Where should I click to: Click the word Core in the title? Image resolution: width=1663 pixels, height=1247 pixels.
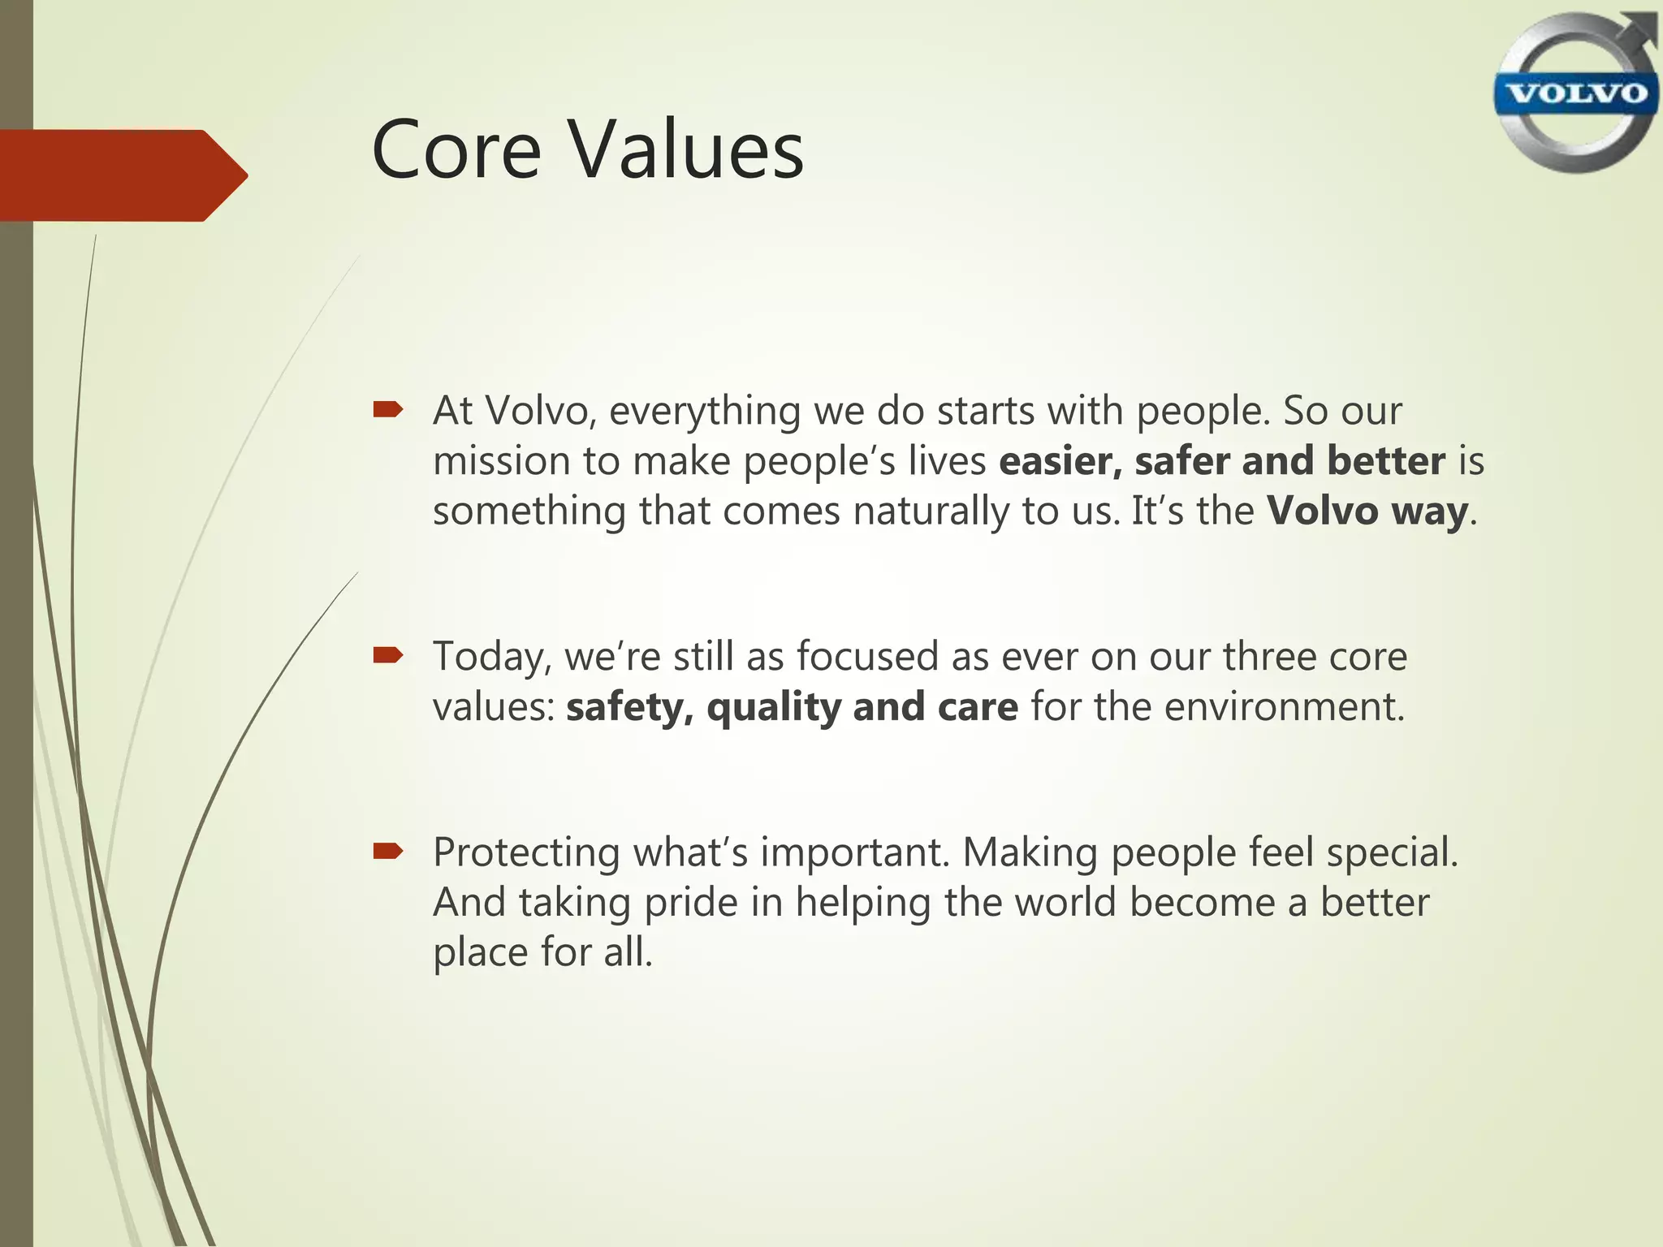[456, 150]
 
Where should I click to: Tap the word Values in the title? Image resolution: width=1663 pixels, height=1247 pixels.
[685, 150]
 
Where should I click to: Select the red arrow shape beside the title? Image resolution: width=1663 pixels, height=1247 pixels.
[122, 175]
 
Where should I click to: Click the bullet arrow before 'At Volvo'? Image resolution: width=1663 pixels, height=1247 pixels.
[387, 410]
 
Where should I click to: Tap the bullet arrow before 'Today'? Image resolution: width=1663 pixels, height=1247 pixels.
[387, 655]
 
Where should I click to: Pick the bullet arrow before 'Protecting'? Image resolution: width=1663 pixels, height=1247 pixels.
[387, 851]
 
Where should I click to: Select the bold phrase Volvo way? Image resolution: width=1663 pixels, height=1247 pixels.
[1367, 511]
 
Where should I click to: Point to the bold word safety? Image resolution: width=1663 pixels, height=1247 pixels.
[629, 707]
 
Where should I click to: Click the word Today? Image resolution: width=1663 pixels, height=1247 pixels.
[490, 657]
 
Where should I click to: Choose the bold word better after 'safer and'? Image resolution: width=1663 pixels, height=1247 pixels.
[1385, 461]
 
